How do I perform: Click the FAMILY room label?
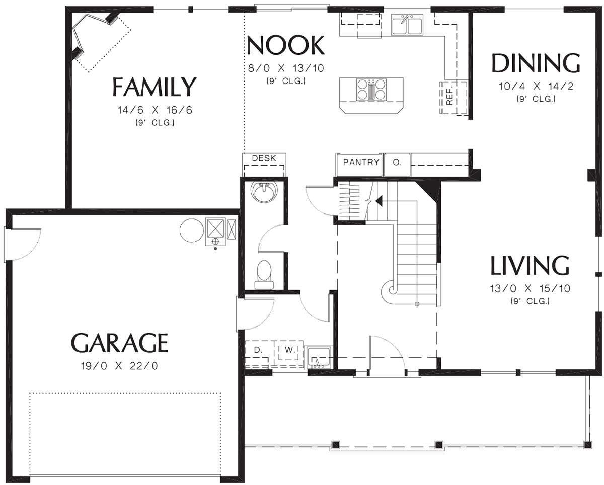pos(154,87)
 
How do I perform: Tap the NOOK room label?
pos(285,45)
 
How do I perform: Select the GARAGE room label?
pos(120,343)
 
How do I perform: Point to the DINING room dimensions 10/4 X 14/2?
pos(536,86)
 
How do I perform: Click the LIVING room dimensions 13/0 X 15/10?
pos(530,288)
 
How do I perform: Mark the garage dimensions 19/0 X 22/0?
pos(120,366)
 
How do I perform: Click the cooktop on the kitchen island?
pos(371,90)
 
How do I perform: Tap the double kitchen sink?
pos(407,25)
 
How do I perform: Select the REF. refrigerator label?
pos(449,97)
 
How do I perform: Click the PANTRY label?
pos(361,162)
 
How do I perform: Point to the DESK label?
pos(264,158)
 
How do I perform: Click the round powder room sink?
pos(264,191)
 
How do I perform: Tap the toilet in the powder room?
pos(264,275)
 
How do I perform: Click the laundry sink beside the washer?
pos(319,357)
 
